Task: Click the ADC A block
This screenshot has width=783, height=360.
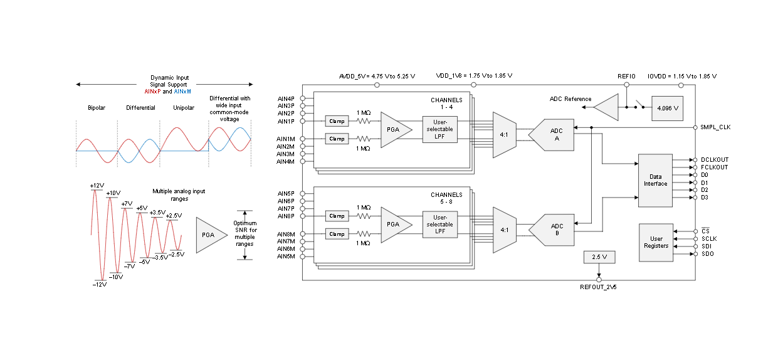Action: pyautogui.click(x=553, y=134)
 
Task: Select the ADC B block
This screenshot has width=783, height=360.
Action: pyautogui.click(x=553, y=230)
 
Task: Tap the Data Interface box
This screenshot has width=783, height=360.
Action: pyautogui.click(x=655, y=181)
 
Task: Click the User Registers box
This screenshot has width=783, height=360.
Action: pyautogui.click(x=656, y=242)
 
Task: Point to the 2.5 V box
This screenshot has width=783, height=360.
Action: pyautogui.click(x=599, y=257)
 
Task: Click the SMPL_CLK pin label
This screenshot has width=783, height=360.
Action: pyautogui.click(x=715, y=127)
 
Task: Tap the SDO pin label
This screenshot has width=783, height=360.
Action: pyautogui.click(x=707, y=253)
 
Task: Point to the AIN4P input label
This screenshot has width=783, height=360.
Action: pyautogui.click(x=286, y=98)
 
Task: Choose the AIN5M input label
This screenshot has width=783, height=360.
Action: pyautogui.click(x=286, y=256)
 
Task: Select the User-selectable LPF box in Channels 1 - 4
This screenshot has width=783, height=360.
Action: pyautogui.click(x=439, y=129)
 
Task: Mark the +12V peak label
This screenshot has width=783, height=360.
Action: pyautogui.click(x=97, y=186)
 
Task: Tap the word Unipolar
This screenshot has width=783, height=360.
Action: pyautogui.click(x=184, y=108)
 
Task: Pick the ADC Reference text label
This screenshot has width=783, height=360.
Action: pyautogui.click(x=570, y=99)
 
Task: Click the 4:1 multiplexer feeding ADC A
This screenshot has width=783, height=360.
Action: pyautogui.click(x=505, y=134)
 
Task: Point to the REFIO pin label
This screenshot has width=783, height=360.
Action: pyautogui.click(x=626, y=76)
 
